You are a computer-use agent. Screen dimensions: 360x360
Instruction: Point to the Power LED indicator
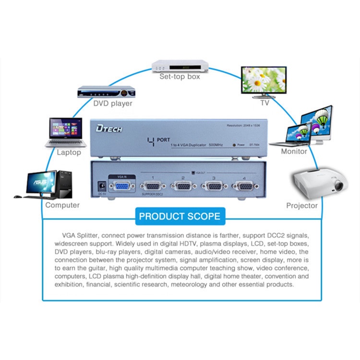(233, 144)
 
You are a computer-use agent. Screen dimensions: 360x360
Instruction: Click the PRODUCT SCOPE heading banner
(180, 216)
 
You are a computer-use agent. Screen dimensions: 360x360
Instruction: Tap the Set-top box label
(180, 76)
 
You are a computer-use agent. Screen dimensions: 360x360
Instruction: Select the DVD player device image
(104, 92)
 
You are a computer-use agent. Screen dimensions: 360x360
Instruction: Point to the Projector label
(302, 205)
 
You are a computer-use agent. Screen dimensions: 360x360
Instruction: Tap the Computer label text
(62, 205)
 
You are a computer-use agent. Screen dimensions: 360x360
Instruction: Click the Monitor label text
(294, 151)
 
